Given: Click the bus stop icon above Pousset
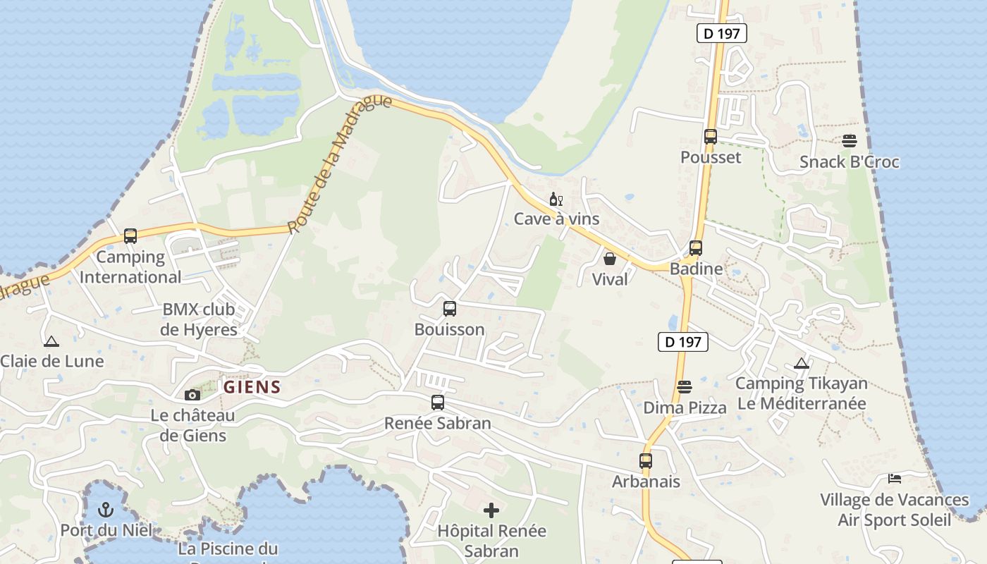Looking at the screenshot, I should click(x=710, y=137).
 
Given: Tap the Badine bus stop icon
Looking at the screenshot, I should click(x=696, y=248).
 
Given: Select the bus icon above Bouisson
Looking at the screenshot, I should click(x=449, y=309).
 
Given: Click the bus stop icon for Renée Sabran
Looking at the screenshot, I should click(x=438, y=403).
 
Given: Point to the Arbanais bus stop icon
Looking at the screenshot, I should click(x=646, y=461).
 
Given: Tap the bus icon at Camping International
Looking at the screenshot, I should click(x=130, y=236).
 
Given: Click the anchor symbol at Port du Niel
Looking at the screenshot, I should click(x=106, y=509).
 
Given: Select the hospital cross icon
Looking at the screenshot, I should click(x=491, y=510).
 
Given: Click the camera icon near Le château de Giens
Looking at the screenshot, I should click(x=192, y=395).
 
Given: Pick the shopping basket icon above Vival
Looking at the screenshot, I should click(x=610, y=259).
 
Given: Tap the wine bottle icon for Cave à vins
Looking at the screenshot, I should click(x=556, y=200).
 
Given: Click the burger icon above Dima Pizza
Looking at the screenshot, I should click(x=684, y=387).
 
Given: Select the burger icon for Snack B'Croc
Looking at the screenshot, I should click(x=849, y=141).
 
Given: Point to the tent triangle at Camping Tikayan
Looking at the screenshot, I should click(x=801, y=364).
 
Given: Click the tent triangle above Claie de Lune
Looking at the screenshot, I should click(x=51, y=342).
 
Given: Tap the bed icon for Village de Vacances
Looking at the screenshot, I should click(x=895, y=479).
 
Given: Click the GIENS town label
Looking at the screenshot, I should click(x=252, y=387).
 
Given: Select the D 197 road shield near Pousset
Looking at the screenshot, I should click(x=721, y=33).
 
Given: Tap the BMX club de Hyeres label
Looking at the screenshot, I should click(x=199, y=319).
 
